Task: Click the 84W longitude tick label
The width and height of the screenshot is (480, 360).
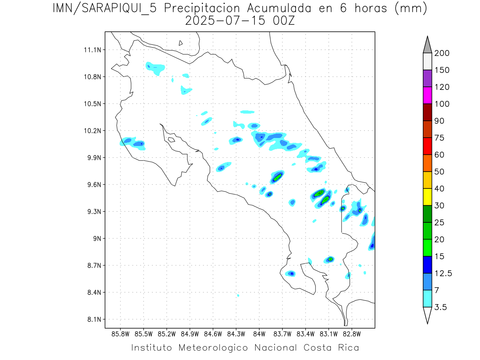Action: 259,333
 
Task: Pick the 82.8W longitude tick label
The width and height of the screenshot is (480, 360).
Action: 352,333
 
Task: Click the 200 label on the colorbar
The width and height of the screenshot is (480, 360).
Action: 442,53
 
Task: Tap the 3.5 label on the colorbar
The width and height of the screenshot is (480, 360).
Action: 441,307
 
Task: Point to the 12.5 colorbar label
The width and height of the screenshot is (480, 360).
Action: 443,273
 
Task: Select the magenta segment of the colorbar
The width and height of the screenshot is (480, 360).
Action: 427,96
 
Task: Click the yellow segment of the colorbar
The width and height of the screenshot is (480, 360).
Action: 427,197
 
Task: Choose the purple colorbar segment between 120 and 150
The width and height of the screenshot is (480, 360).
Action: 427,78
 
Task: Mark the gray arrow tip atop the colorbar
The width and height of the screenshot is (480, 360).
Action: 427,44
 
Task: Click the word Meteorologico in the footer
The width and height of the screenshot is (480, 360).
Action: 215,348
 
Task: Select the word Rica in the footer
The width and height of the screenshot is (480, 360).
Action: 347,348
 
